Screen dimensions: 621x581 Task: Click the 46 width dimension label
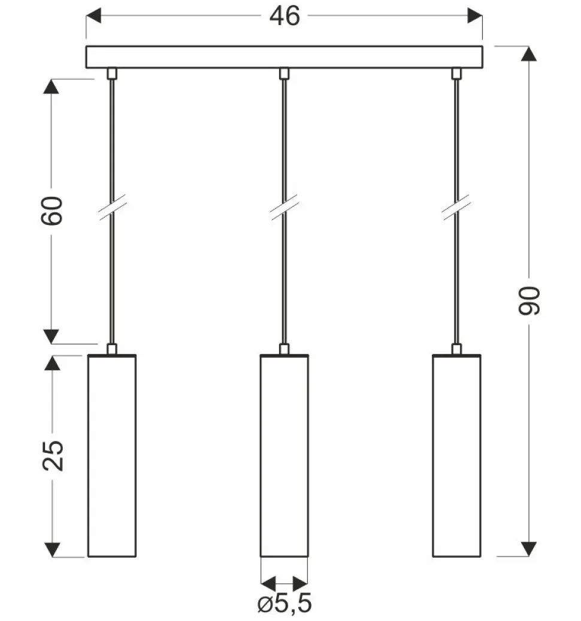[284, 17]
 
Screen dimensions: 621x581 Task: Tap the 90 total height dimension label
[530, 301]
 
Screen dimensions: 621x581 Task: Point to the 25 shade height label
[53, 456]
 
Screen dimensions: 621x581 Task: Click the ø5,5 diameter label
[285, 604]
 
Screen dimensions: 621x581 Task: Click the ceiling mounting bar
[284, 56]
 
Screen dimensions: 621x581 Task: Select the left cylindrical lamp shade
[112, 456]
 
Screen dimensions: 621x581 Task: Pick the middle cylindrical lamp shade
[284, 456]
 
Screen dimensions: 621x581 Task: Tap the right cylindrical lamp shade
[456, 456]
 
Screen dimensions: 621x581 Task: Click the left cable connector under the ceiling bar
[111, 74]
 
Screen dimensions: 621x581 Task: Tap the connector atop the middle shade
[284, 349]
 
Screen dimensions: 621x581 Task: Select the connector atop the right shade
[456, 349]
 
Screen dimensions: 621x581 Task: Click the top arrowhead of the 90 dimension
[528, 54]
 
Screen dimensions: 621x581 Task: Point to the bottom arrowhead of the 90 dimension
[528, 548]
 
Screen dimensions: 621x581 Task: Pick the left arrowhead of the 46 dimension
[95, 16]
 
